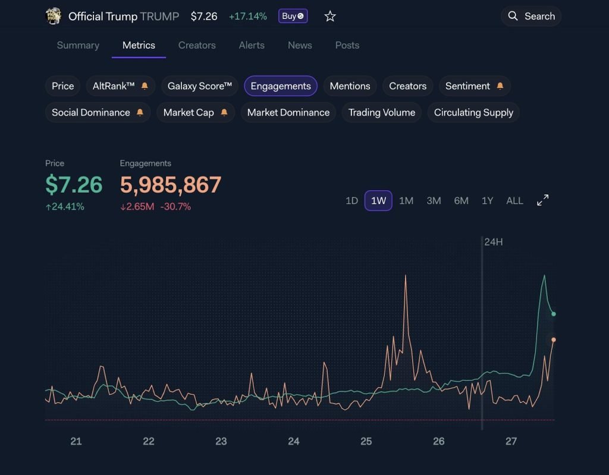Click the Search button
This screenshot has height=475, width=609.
530,16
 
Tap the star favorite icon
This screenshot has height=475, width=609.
330,17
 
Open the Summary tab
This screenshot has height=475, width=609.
78,45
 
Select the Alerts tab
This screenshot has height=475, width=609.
252,45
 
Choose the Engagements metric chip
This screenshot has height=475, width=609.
281,86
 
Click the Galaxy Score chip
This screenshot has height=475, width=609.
199,86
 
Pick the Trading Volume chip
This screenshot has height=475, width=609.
382,112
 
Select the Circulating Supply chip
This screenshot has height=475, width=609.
473,112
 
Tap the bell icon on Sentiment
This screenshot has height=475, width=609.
500,86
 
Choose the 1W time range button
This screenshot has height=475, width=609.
378,201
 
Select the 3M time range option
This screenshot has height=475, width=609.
434,201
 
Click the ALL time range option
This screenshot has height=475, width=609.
514,201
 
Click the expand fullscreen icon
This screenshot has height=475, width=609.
543,200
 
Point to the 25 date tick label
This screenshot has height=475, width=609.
366,441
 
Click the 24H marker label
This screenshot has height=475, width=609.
494,242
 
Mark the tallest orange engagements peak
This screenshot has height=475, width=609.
405,276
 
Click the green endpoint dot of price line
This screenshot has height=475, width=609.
553,314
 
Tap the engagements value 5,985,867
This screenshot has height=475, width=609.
171,185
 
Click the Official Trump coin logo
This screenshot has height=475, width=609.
54,16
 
